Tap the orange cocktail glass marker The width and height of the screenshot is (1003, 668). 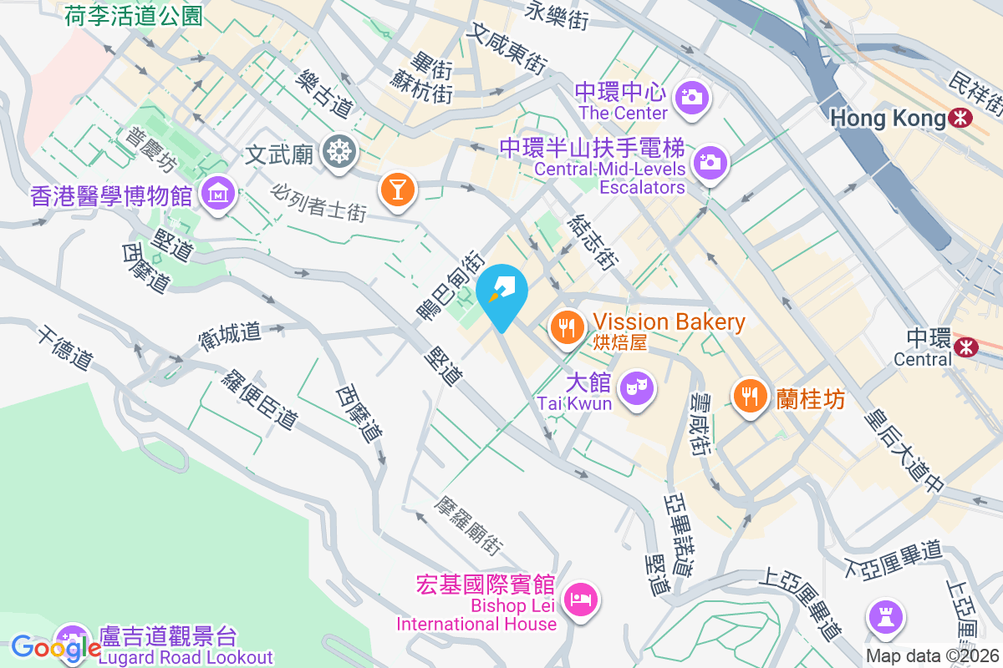tap(397, 189)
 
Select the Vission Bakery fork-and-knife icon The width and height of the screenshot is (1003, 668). tap(568, 326)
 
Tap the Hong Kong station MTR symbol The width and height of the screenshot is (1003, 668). tap(961, 119)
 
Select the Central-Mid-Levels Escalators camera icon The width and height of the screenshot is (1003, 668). tap(710, 161)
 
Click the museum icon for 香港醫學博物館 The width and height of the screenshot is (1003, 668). tap(218, 194)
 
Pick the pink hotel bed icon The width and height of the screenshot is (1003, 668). tap(581, 599)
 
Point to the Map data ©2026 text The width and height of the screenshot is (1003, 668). tap(933, 656)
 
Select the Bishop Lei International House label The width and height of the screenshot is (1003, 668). tap(476, 615)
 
